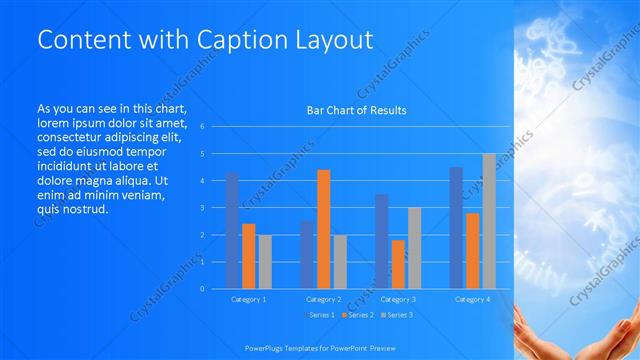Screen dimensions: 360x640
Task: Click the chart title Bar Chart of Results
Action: (x=356, y=110)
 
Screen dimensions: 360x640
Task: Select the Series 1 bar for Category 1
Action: (x=233, y=230)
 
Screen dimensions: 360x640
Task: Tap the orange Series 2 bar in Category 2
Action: (x=323, y=229)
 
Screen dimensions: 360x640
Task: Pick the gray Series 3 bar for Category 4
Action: (x=488, y=221)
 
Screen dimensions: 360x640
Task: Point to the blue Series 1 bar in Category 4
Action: (x=456, y=227)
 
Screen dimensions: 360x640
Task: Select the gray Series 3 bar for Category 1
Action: (x=265, y=261)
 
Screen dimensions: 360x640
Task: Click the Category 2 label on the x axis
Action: (x=323, y=299)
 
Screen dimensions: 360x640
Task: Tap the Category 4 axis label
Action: (x=472, y=299)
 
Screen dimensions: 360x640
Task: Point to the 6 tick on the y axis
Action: (x=202, y=127)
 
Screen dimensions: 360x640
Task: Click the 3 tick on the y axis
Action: (x=202, y=208)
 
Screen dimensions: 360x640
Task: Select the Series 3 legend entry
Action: (x=397, y=316)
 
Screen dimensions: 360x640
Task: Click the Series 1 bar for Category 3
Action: (x=382, y=241)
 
